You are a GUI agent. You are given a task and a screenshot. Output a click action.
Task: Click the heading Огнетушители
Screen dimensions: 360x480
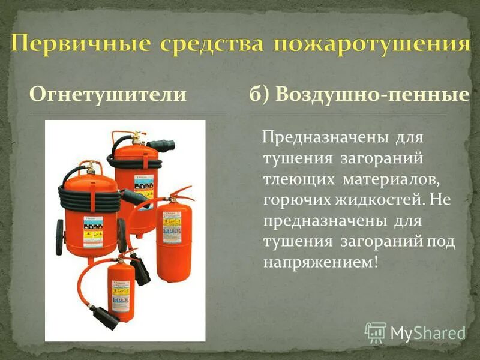[x=108, y=94]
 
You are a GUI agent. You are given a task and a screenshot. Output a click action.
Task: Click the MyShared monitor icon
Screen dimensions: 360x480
[x=376, y=332]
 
